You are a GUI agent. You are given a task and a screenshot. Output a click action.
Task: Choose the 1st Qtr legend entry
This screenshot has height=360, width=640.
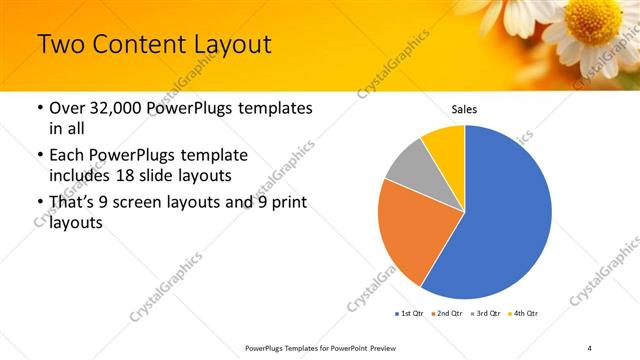[409, 314]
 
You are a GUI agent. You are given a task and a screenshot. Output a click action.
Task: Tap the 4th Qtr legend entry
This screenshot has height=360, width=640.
[525, 314]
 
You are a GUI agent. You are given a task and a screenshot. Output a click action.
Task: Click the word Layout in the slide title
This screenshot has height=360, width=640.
[236, 45]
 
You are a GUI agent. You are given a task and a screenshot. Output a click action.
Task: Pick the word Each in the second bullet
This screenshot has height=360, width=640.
[68, 156]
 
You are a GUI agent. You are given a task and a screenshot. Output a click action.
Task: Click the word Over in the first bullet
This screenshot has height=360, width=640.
[69, 107]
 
